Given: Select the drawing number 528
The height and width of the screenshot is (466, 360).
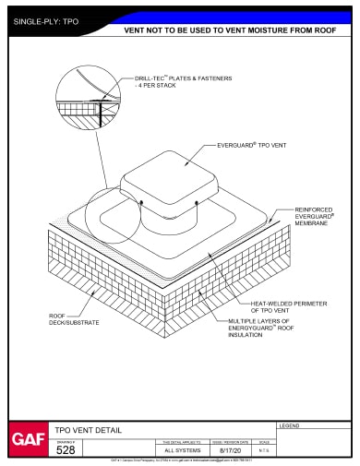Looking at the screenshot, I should click(x=66, y=450).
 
